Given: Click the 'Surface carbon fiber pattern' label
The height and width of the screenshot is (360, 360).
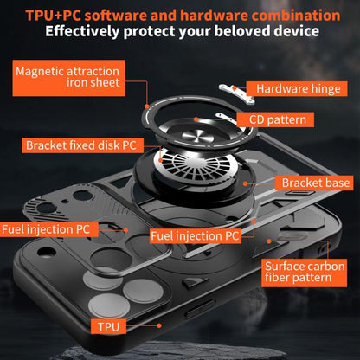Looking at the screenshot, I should click(x=303, y=272).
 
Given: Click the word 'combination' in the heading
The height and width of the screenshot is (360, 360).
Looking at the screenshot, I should click(x=290, y=15).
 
